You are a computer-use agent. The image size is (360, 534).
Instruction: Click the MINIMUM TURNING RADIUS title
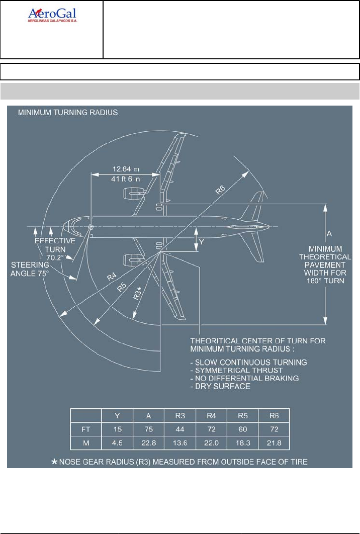[68, 113]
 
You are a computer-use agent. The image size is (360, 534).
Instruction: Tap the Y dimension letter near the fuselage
[202, 242]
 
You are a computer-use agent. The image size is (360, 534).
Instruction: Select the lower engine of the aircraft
[132, 260]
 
